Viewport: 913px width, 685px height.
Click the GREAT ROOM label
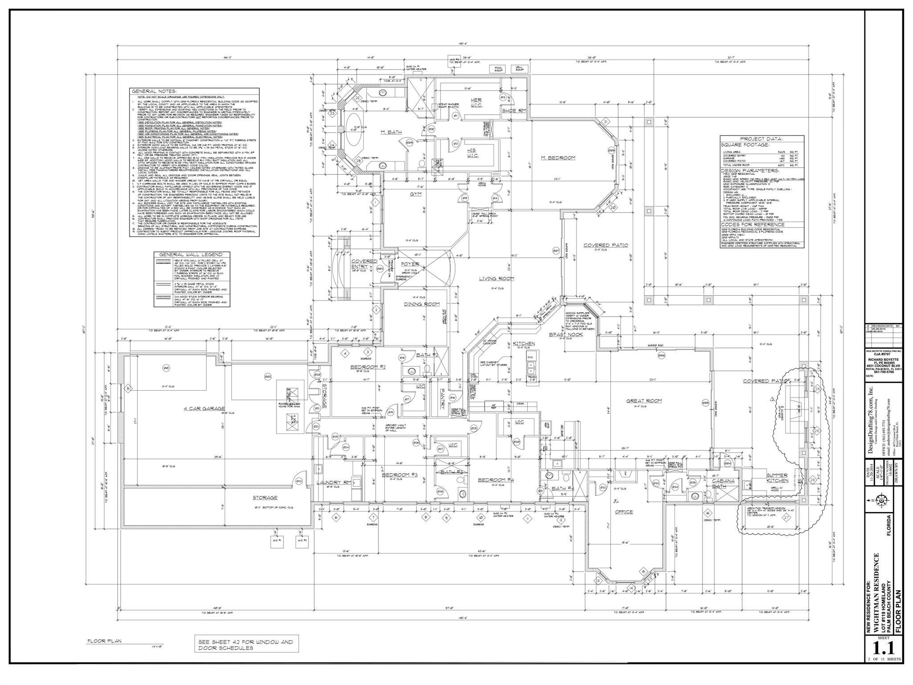tap(644, 401)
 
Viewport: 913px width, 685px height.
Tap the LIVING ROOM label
tap(497, 279)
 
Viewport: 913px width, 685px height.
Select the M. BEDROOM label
tap(558, 158)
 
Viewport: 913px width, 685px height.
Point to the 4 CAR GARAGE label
tap(204, 409)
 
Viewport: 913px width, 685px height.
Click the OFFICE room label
tap(624, 512)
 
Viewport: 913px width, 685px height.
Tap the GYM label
tap(415, 194)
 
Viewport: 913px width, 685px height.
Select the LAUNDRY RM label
tap(334, 483)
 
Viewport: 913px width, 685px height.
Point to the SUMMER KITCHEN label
tap(777, 478)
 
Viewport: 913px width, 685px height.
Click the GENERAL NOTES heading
tap(154, 91)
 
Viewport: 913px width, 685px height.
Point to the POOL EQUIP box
tap(498, 69)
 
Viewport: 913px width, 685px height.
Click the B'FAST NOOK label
tap(566, 334)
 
